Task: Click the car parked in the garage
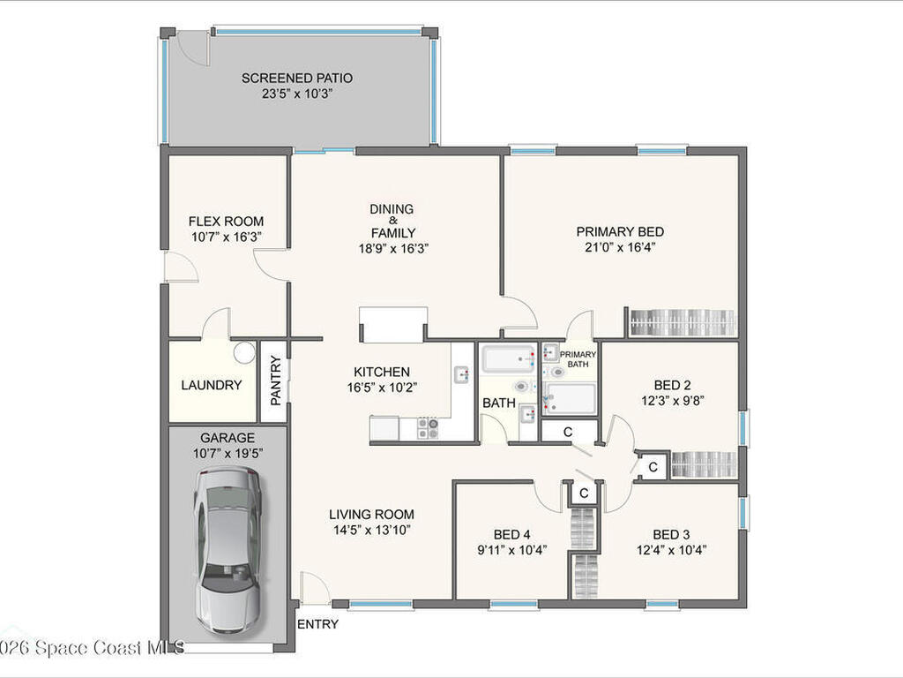(x=228, y=547)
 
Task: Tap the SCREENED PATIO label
(x=297, y=79)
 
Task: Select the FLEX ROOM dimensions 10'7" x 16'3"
(x=226, y=237)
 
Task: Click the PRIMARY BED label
(x=620, y=231)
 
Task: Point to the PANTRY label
(x=275, y=380)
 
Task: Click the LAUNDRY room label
(x=212, y=385)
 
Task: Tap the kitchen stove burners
(x=428, y=428)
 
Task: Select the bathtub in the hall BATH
(x=509, y=359)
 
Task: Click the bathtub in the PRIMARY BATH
(x=570, y=398)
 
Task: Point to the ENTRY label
(x=318, y=624)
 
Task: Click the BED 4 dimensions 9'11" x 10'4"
(x=511, y=549)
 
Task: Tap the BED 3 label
(x=671, y=534)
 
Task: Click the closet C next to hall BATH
(x=569, y=432)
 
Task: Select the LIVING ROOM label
(x=371, y=515)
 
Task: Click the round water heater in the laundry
(x=244, y=353)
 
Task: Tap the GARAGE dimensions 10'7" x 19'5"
(x=227, y=453)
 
